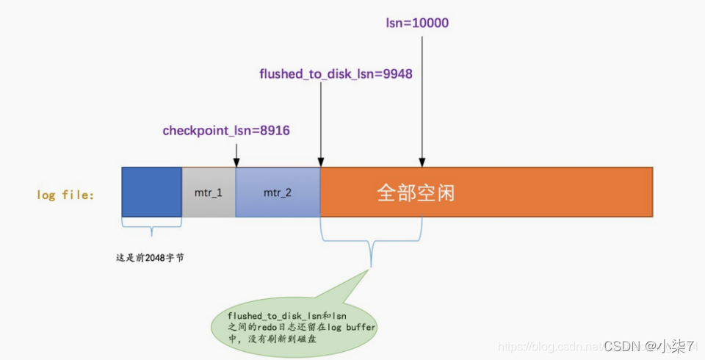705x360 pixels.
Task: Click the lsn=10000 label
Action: tap(417, 24)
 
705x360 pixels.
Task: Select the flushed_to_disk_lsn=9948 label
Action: tap(341, 74)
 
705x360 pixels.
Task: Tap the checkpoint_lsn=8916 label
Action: tap(226, 131)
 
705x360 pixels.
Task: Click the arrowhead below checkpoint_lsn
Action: tap(236, 162)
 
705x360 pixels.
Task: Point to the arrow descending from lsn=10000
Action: tap(422, 96)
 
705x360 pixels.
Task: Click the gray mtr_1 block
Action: tap(209, 192)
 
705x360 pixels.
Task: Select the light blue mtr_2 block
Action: tap(278, 192)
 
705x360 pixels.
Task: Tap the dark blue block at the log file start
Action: tap(151, 192)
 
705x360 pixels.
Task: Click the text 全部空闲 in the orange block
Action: tap(416, 192)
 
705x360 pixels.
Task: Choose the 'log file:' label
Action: tap(65, 195)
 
